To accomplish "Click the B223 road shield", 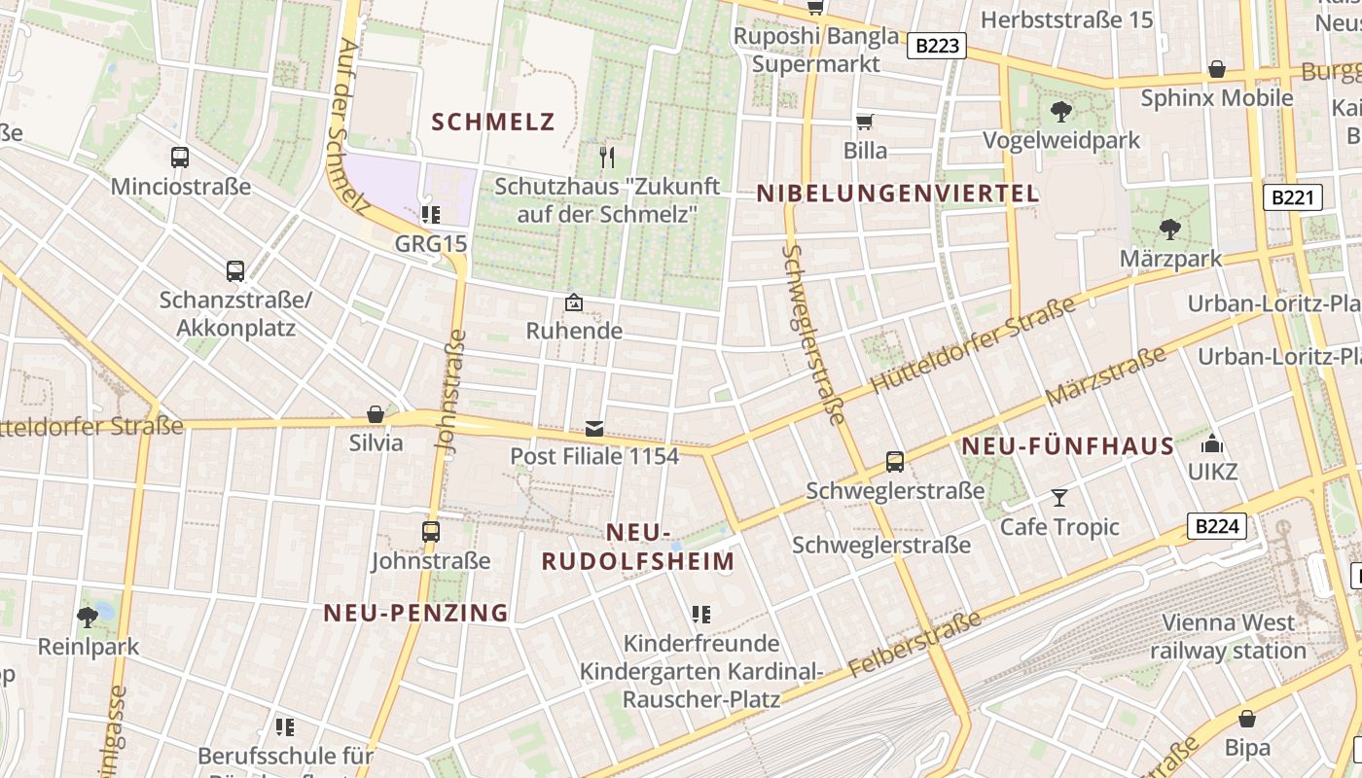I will click(x=937, y=46).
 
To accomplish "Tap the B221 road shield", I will click(x=1293, y=198).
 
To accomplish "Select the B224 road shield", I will click(x=1216, y=527).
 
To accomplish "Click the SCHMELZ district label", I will click(x=492, y=122).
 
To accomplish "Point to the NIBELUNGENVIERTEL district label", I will click(x=898, y=194).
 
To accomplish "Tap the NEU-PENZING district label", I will click(x=415, y=613).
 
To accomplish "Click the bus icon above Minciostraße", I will click(x=180, y=157).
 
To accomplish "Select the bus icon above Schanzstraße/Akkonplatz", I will click(x=234, y=270).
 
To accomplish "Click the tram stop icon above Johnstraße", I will click(x=430, y=531).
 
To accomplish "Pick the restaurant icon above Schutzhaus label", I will click(x=608, y=156).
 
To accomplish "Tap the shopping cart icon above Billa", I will click(x=864, y=122).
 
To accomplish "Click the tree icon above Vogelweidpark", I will click(x=1060, y=111).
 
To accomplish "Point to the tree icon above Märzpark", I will click(x=1169, y=230).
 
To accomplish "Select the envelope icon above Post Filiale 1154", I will click(x=593, y=428).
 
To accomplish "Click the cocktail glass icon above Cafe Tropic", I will click(x=1059, y=498).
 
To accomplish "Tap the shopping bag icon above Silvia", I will click(x=376, y=414).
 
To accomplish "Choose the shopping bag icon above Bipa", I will click(x=1246, y=719).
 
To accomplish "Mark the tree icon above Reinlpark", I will click(x=88, y=617).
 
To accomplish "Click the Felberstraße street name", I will click(x=914, y=646).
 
